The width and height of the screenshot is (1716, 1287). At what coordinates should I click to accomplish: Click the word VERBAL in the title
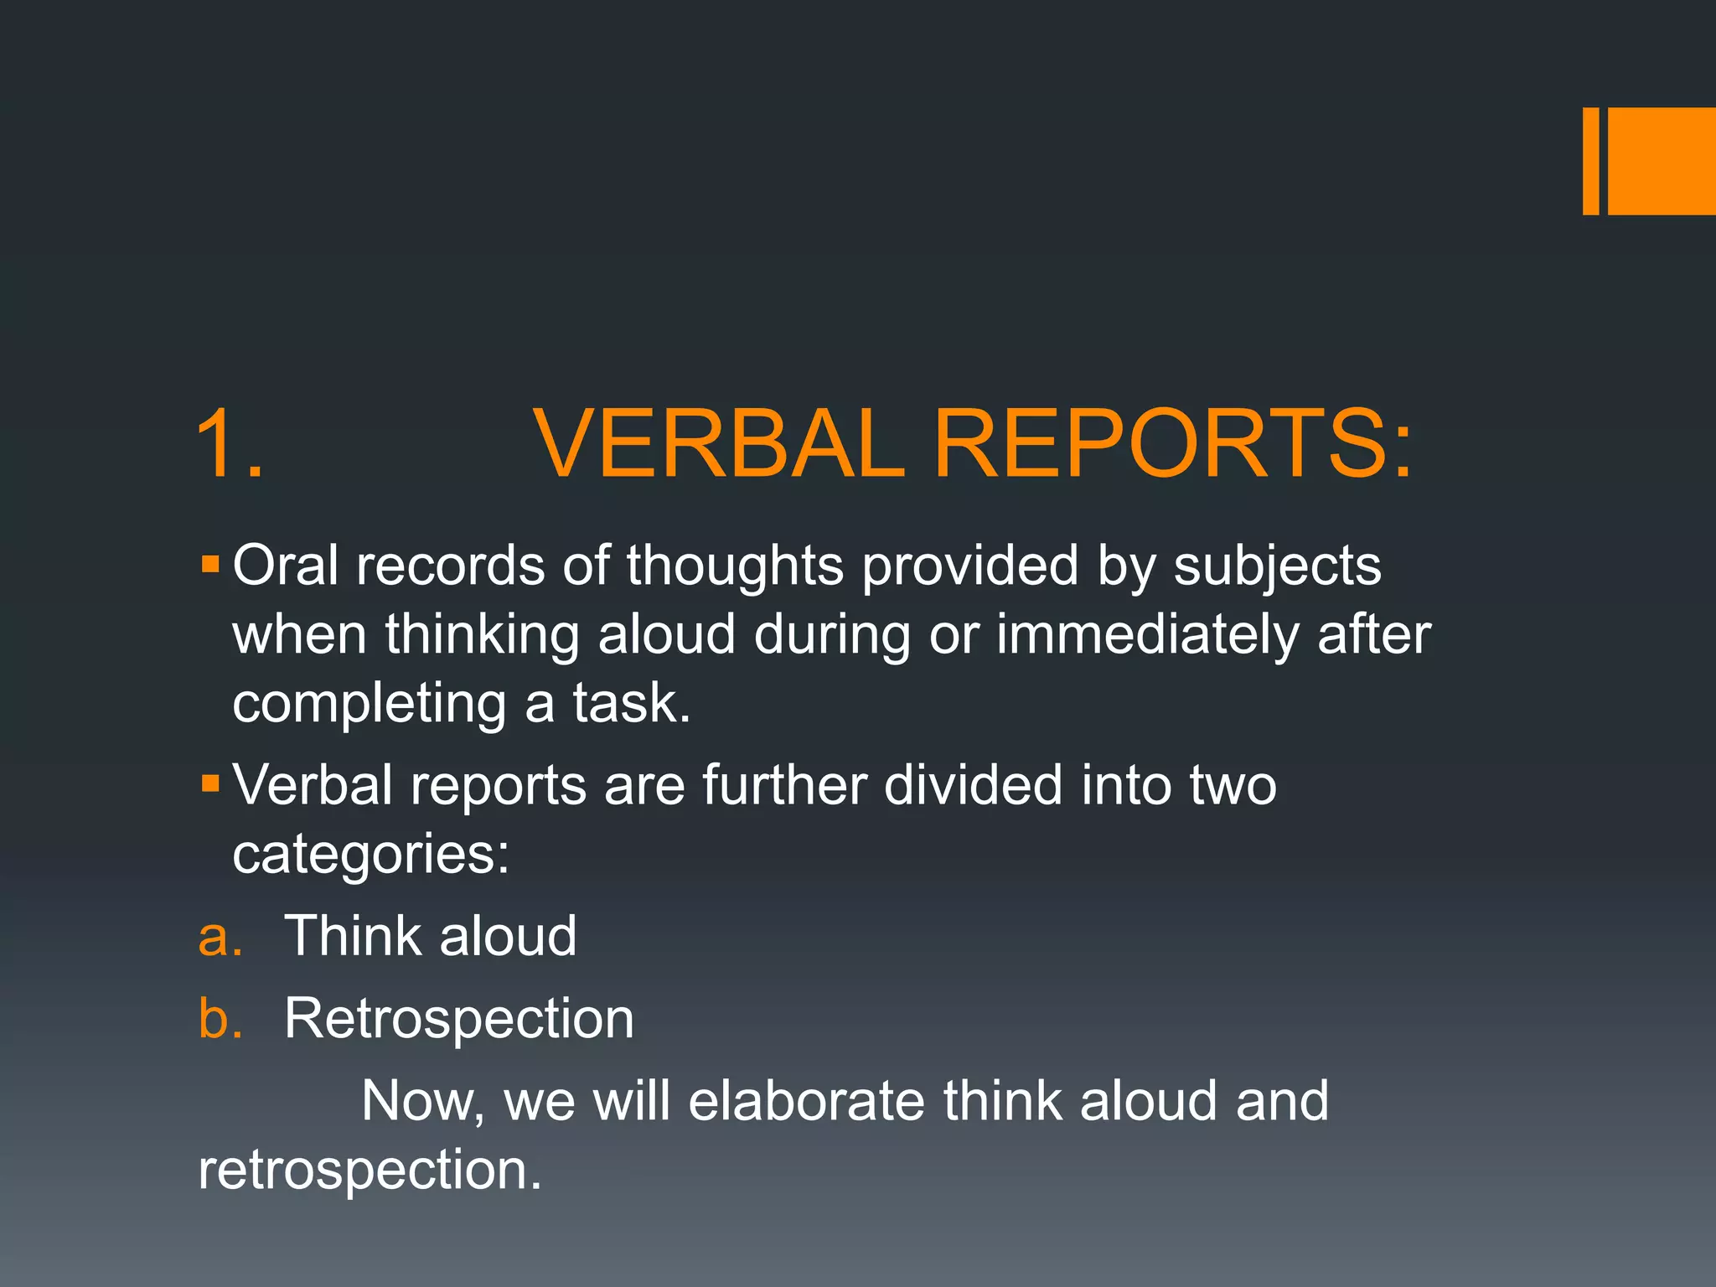[x=721, y=444]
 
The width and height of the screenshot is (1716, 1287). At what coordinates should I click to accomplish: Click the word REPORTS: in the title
[x=1173, y=444]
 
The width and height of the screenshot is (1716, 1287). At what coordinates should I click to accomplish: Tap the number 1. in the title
[x=229, y=444]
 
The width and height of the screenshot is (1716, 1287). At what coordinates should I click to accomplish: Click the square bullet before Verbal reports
[x=210, y=783]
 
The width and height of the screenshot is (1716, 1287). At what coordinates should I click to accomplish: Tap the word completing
[x=369, y=705]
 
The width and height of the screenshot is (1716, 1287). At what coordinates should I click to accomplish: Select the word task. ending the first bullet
[x=632, y=703]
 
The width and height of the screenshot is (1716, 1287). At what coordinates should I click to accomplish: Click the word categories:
[x=370, y=855]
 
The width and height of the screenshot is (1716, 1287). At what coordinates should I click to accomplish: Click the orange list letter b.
[x=220, y=1019]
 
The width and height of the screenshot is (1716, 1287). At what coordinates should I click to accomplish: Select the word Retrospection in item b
[x=459, y=1021]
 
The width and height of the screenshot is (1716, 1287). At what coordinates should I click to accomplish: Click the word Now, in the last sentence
[x=422, y=1102]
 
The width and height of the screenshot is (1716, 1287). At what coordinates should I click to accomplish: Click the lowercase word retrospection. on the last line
[x=370, y=1171]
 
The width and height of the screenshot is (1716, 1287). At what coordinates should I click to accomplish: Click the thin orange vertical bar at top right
[x=1590, y=161]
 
